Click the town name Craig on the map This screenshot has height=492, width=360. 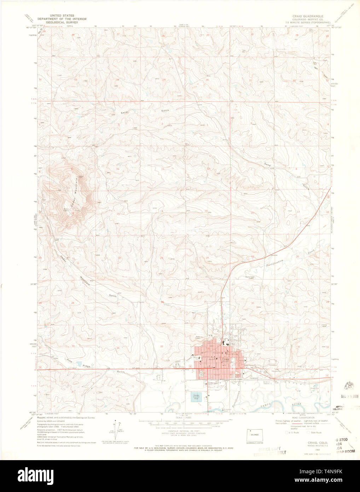(225, 359)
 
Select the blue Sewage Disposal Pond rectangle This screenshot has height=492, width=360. (196, 396)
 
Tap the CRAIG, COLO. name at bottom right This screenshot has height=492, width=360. (317, 443)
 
